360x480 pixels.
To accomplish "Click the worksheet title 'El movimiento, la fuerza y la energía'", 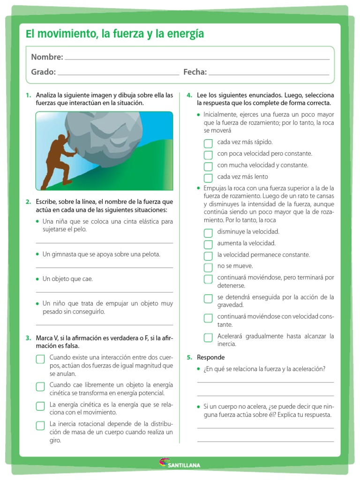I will (x=115, y=34).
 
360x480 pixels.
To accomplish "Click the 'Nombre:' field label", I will (x=47, y=57).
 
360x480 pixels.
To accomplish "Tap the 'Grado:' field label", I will (x=43, y=72).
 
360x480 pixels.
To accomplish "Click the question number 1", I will (x=28, y=95).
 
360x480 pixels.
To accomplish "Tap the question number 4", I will (x=189, y=95).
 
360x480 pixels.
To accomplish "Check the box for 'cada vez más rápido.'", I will (x=208, y=143).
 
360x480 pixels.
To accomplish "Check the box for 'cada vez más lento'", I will (x=208, y=178).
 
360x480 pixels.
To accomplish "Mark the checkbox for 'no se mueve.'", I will (x=208, y=268).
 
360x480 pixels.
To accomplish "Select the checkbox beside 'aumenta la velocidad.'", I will (x=208, y=244).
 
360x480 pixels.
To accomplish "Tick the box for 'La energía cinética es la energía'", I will (x=40, y=406).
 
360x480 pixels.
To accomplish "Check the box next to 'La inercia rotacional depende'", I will (x=40, y=425).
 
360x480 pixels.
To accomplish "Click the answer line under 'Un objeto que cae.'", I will (x=104, y=292).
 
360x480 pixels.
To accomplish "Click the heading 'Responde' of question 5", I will (x=207, y=357).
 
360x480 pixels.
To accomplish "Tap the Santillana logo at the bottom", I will (x=180, y=464).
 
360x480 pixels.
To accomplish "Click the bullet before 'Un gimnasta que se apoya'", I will (x=37, y=254).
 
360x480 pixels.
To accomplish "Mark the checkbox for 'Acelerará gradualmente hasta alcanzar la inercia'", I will (x=208, y=337).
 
